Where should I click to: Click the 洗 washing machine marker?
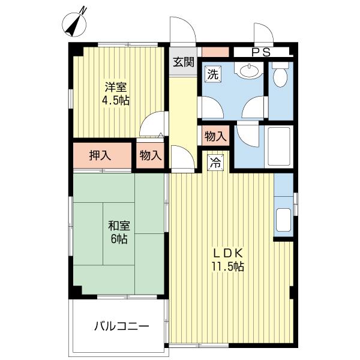pos(212,74)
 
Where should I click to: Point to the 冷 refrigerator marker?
pos(217,161)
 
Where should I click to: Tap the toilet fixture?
pos(280,76)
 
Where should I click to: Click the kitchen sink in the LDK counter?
pos(283,221)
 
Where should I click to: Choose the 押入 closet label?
pos(101,155)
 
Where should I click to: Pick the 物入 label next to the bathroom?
pos(215,136)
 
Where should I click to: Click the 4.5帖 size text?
pos(116,101)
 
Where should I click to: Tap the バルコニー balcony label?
pos(121,326)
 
